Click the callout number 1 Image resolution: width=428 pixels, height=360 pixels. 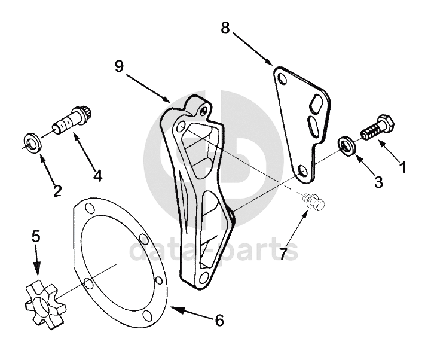[x=403, y=167]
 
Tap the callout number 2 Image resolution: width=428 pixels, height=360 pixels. [x=57, y=191]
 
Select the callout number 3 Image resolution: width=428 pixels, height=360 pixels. [x=378, y=182]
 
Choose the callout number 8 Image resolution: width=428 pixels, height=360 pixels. [x=225, y=28]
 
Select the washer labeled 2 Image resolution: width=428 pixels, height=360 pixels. [x=33, y=142]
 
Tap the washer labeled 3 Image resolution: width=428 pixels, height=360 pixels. [x=346, y=145]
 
